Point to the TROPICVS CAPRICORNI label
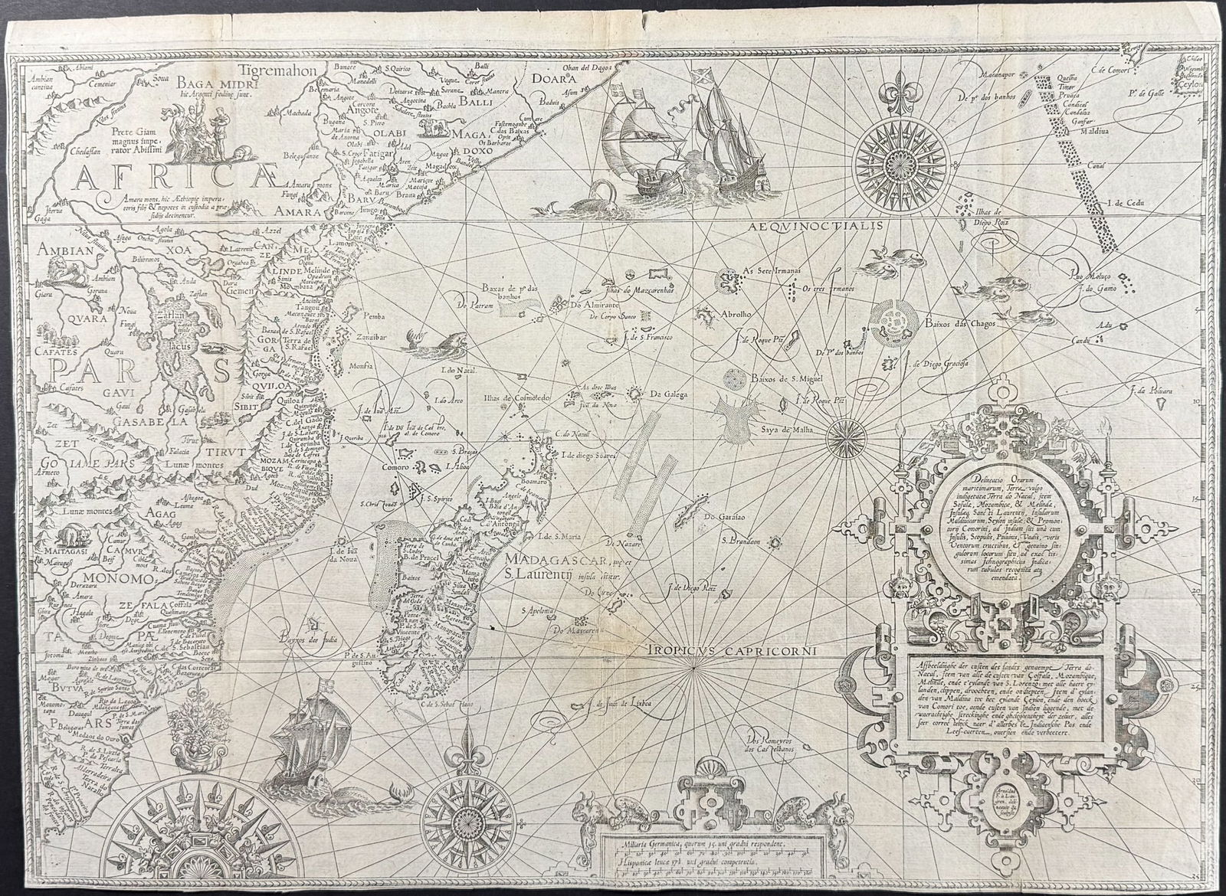[x=734, y=650]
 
